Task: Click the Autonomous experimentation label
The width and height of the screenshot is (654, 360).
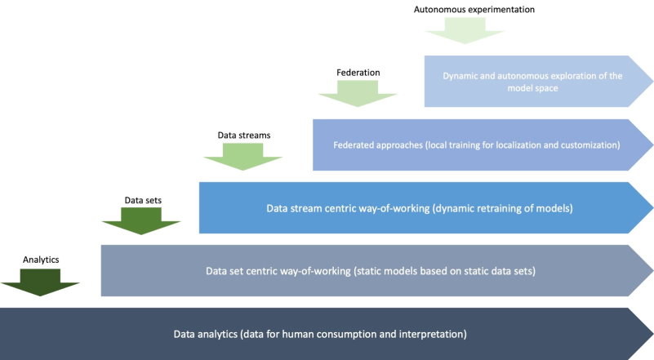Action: [474, 10]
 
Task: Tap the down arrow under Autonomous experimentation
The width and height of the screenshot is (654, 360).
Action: [465, 31]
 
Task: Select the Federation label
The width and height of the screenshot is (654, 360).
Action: [358, 73]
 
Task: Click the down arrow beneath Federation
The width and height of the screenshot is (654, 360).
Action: [358, 94]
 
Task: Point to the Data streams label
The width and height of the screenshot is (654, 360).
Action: [244, 136]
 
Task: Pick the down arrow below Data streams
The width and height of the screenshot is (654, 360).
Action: [242, 157]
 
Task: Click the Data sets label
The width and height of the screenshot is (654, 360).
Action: [143, 200]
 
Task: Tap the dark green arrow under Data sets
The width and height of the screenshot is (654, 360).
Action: [141, 221]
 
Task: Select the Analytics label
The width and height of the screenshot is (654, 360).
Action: [41, 260]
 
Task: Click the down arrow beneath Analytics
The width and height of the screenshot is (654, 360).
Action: [40, 282]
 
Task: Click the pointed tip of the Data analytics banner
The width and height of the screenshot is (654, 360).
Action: [652, 334]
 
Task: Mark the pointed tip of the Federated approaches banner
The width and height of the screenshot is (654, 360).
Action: [652, 145]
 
